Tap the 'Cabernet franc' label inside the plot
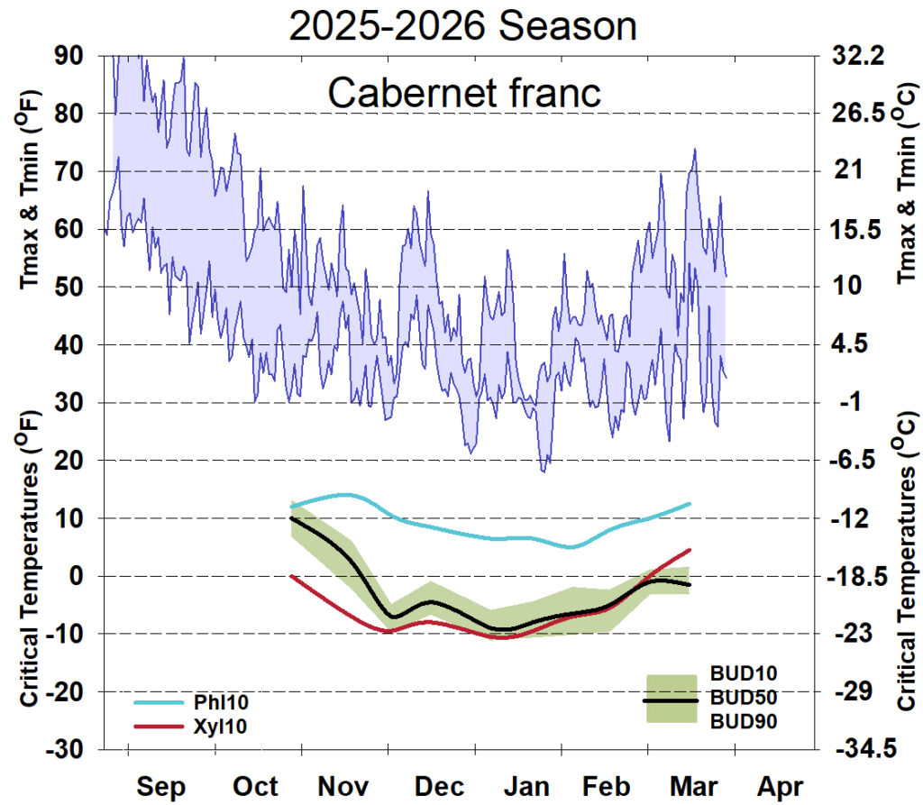[462, 92]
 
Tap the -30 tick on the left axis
[65, 750]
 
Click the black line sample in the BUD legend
[671, 700]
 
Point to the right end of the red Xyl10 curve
[690, 550]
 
